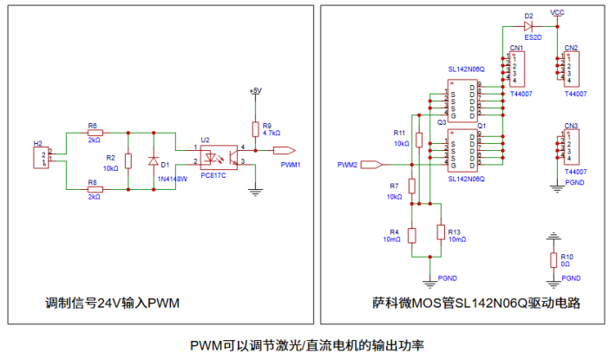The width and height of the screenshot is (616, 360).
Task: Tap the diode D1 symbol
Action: (154, 160)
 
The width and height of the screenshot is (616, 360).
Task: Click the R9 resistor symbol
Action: (256, 131)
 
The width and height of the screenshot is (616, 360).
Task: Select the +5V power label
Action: (254, 90)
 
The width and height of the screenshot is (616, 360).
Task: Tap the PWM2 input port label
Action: (347, 163)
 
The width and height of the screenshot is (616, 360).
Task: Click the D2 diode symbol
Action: (528, 26)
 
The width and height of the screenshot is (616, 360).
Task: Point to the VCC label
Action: (557, 13)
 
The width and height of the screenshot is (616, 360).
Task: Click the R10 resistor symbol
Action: (553, 260)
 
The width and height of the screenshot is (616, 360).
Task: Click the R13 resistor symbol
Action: (441, 232)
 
